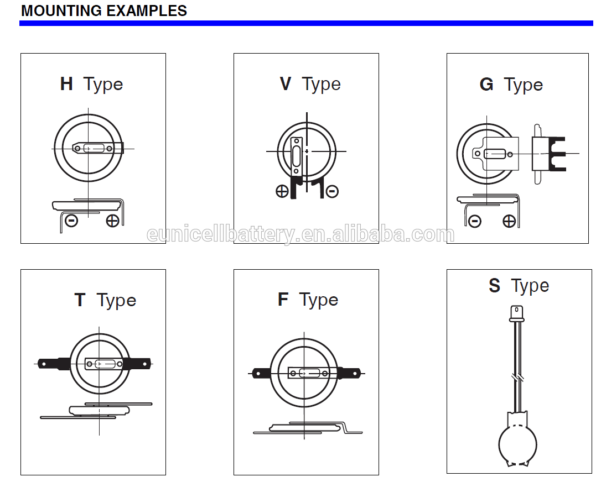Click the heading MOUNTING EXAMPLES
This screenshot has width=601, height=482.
tap(104, 11)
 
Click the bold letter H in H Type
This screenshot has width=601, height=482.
tap(66, 84)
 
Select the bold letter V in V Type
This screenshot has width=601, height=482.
tap(286, 84)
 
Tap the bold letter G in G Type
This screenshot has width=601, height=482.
tap(486, 84)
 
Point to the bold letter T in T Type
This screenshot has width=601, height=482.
tap(80, 300)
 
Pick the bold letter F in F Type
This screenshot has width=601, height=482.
tap(283, 300)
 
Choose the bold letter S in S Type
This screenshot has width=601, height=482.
tap(494, 286)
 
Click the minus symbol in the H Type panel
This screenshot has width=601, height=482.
tap(71, 221)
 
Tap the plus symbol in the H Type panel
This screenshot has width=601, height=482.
tap(113, 221)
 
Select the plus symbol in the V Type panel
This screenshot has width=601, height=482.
tap(282, 191)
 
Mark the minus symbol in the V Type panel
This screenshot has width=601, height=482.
tap(332, 191)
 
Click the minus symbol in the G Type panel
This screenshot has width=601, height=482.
tap(474, 221)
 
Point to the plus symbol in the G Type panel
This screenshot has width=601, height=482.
tap(509, 221)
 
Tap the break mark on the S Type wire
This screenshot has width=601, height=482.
tap(517, 378)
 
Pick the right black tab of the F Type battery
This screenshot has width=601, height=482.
tap(350, 373)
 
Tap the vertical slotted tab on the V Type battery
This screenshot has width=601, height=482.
tap(296, 156)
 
